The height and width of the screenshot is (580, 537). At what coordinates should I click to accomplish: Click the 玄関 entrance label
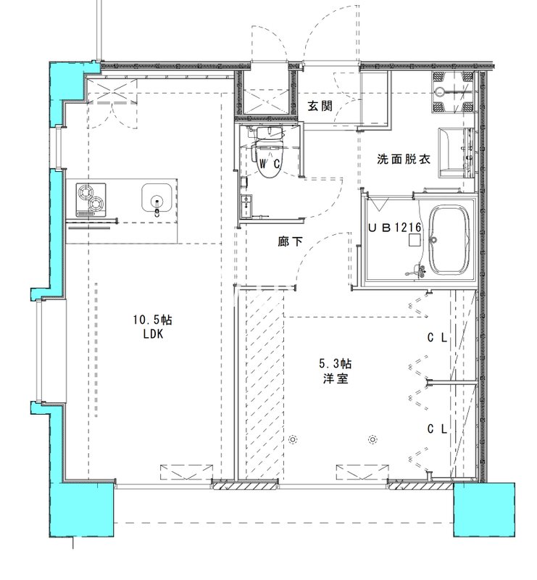click(x=320, y=106)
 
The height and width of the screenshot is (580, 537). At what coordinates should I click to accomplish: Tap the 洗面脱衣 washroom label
click(x=404, y=159)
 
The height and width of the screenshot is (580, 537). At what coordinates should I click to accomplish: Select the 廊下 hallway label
click(x=290, y=241)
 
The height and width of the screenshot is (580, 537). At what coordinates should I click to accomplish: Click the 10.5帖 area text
click(x=151, y=320)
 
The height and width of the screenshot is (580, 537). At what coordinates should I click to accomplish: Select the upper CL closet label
click(x=436, y=337)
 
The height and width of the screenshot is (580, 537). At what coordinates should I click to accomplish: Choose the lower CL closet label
click(x=436, y=428)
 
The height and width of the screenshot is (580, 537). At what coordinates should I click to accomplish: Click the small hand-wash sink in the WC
click(x=247, y=202)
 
